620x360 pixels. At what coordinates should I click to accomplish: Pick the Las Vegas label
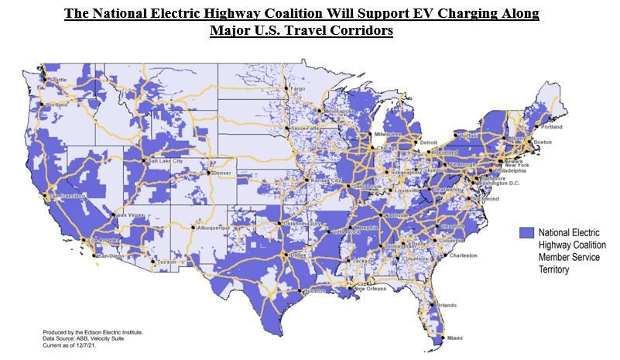point(129,214)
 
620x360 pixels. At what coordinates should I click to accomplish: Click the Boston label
point(543,142)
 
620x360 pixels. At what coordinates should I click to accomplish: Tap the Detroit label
point(430,142)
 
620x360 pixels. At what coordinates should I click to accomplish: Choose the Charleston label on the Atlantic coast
point(464,255)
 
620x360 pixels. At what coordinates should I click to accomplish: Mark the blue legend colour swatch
point(526,232)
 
